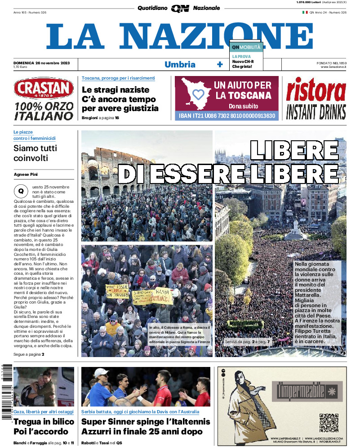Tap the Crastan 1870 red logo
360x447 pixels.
44,89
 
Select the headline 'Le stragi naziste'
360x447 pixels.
116,89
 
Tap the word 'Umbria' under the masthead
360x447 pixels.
180,64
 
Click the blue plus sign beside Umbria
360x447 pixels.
220,64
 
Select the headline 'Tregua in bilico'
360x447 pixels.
44,422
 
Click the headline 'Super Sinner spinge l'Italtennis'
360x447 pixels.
146,422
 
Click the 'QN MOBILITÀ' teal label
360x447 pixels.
246,47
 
